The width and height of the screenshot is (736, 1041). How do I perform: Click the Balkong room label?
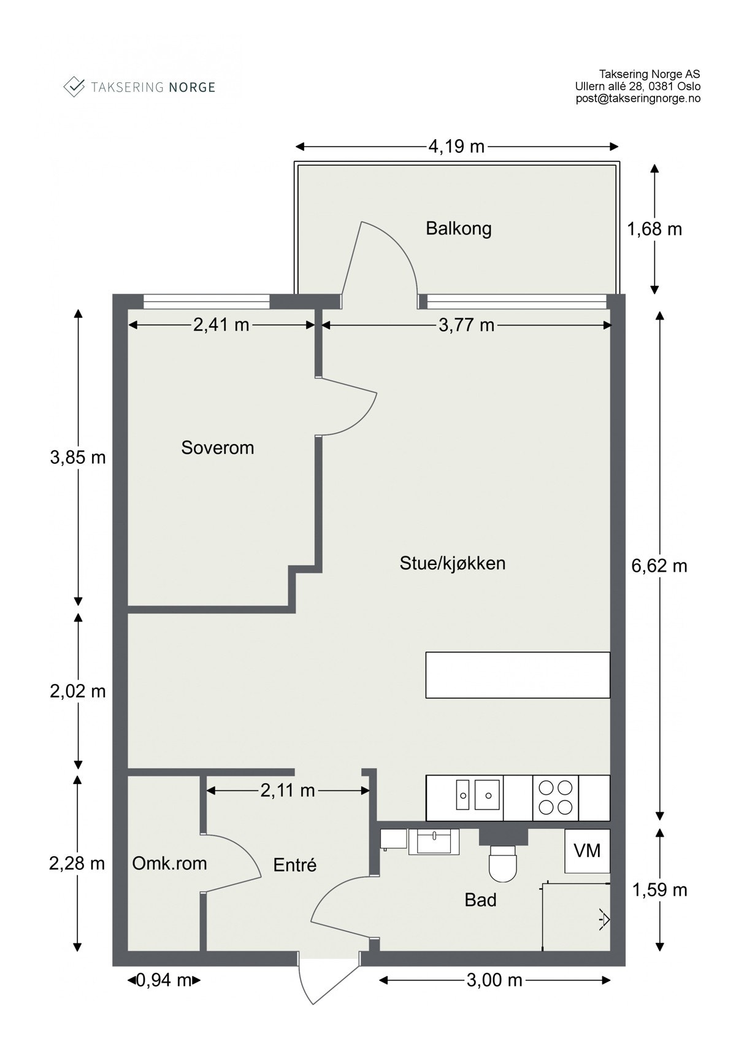(x=458, y=229)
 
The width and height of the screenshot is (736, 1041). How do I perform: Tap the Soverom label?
(x=217, y=448)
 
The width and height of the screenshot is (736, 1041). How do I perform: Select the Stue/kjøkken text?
(x=452, y=563)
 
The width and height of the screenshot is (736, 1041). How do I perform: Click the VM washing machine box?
(x=587, y=851)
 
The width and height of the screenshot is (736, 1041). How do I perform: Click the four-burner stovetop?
(x=555, y=797)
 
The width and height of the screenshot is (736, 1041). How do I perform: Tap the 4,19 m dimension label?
(x=456, y=147)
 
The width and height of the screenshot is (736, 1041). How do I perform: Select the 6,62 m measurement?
(x=659, y=566)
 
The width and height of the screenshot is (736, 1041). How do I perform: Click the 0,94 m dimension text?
(x=164, y=980)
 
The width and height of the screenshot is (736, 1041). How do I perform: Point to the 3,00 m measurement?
(x=494, y=980)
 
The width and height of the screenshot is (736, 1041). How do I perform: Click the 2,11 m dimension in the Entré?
(x=287, y=791)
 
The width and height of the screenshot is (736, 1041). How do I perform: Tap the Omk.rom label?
(x=169, y=864)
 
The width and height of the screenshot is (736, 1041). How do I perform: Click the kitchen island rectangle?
(x=518, y=675)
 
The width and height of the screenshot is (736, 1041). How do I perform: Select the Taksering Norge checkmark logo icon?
(x=74, y=86)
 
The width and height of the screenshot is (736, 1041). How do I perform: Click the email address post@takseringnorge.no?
(x=638, y=98)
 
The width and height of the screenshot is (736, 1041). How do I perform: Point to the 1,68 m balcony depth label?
(x=654, y=229)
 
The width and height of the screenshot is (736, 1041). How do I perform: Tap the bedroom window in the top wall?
(x=206, y=301)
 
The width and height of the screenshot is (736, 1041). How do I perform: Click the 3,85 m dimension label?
(x=78, y=458)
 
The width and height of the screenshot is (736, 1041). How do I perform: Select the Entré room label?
(x=294, y=865)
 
